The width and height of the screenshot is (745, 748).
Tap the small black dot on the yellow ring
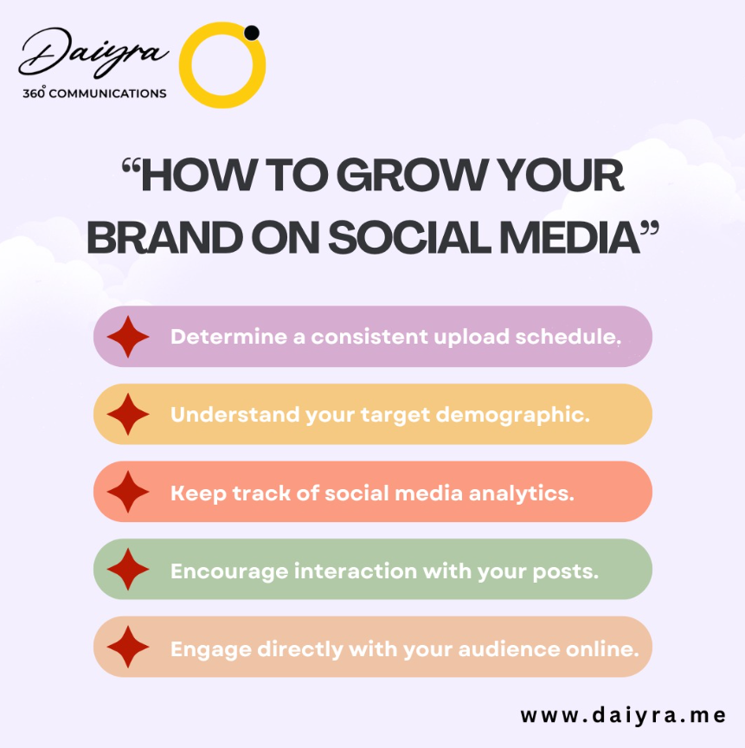pos(252,33)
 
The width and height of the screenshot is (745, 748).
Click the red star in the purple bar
pos(128,337)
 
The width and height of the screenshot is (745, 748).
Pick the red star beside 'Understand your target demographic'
pos(128,415)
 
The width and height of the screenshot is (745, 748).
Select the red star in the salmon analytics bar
pos(128,493)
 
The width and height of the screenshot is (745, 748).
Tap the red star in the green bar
pos(128,571)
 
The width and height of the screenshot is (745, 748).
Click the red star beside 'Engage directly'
pos(128,648)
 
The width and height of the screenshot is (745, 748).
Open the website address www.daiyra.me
pos(622,716)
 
